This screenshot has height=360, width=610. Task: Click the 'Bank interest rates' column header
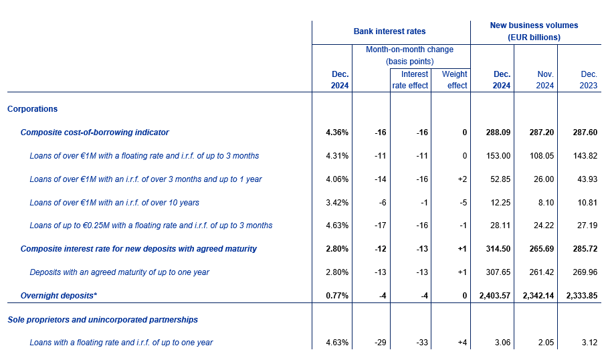(389, 31)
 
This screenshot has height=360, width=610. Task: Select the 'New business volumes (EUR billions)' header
(534, 31)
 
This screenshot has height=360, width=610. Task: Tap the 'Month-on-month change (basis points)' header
(409, 56)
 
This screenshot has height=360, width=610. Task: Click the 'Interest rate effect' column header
(410, 80)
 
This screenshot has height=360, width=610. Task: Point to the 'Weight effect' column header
(454, 80)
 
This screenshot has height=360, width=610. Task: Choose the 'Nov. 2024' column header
(544, 80)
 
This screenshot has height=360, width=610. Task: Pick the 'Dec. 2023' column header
(588, 80)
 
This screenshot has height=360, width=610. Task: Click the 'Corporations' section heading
(32, 109)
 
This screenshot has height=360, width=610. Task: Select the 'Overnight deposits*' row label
(58, 296)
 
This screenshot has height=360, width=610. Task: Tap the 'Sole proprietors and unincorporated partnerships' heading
(103, 320)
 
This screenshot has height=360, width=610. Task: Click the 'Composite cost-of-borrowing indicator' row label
(94, 132)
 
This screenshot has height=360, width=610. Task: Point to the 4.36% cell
(337, 132)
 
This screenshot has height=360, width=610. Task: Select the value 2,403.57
(494, 296)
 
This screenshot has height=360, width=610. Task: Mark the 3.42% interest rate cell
(337, 202)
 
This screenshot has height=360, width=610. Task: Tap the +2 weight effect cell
(462, 179)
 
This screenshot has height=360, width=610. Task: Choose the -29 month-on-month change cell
(380, 343)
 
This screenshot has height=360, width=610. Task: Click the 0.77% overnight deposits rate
(337, 296)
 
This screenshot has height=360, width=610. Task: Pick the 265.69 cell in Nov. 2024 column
(542, 249)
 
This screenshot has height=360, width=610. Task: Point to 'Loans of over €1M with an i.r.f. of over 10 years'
(114, 202)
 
